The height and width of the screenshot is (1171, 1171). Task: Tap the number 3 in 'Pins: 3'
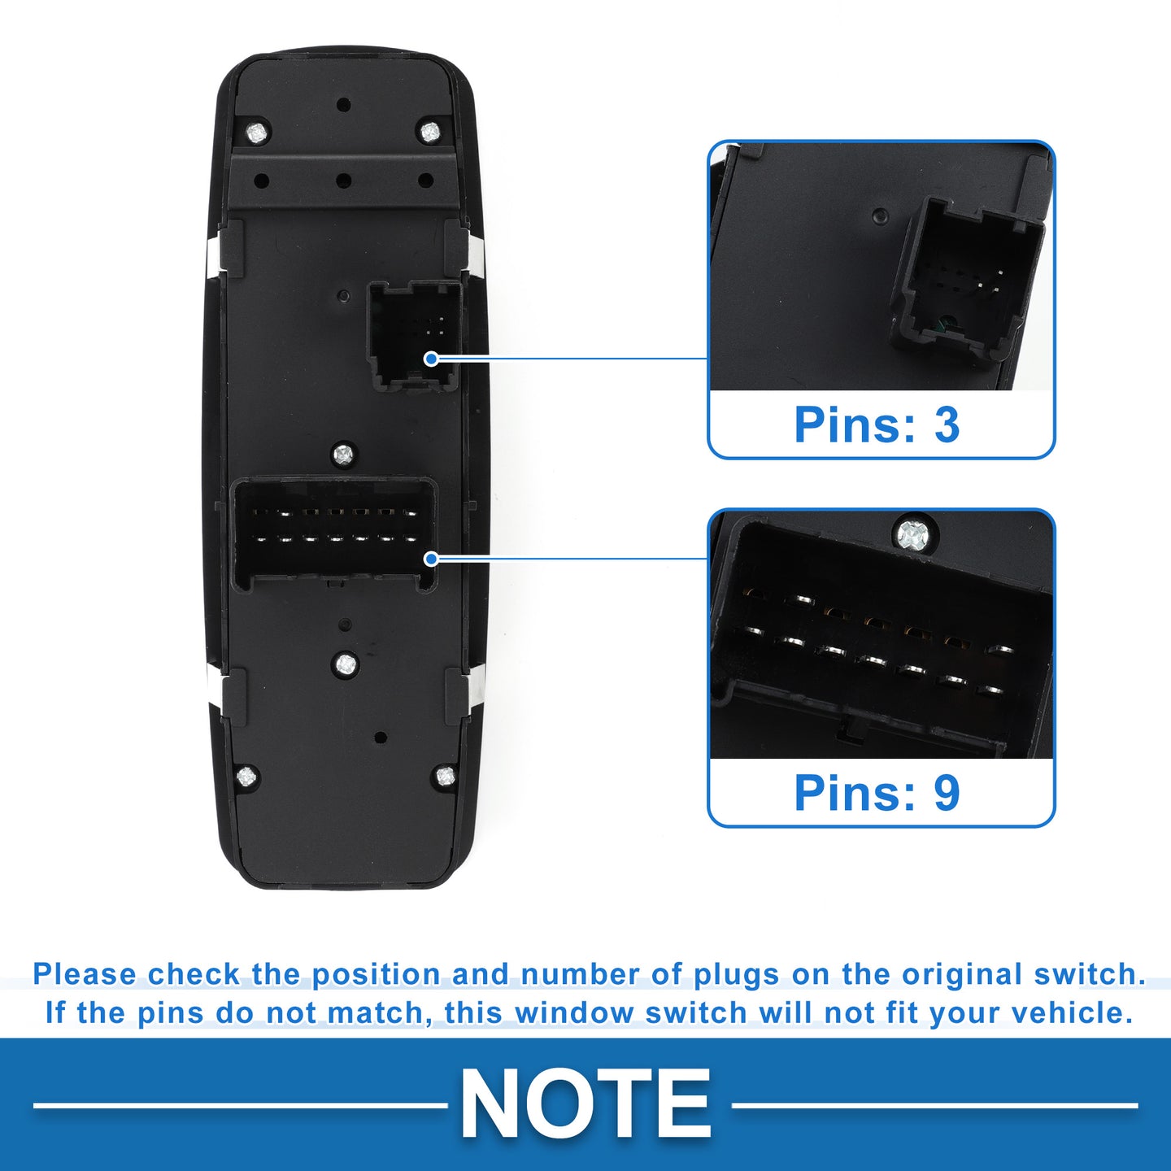pyautogui.click(x=947, y=424)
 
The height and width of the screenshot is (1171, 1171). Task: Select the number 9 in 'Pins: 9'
pyautogui.click(x=947, y=792)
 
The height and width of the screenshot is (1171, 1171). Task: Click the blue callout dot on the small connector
pyautogui.click(x=431, y=359)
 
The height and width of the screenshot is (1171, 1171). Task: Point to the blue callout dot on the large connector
pyautogui.click(x=431, y=559)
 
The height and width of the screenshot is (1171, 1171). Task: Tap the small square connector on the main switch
pyautogui.click(x=414, y=335)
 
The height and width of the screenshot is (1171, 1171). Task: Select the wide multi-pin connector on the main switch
pyautogui.click(x=335, y=535)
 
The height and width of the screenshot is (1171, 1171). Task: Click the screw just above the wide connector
pyautogui.click(x=343, y=453)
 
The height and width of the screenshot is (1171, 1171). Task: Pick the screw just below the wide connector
pyautogui.click(x=345, y=664)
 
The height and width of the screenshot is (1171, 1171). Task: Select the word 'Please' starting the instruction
pyautogui.click(x=85, y=975)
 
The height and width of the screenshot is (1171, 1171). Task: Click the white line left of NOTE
pyautogui.click(x=241, y=1105)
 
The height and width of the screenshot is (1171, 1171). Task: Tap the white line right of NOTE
pyautogui.click(x=934, y=1105)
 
